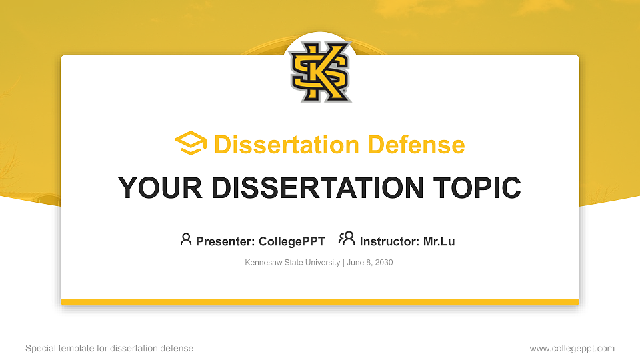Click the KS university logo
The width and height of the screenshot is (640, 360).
pyautogui.click(x=320, y=72)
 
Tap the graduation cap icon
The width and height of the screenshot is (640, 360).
pyautogui.click(x=191, y=144)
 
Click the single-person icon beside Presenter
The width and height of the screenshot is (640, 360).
pyautogui.click(x=186, y=239)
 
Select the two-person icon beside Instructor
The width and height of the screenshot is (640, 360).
pyautogui.click(x=347, y=239)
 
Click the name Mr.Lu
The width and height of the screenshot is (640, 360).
pyautogui.click(x=439, y=241)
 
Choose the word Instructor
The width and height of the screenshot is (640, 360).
pyautogui.click(x=388, y=241)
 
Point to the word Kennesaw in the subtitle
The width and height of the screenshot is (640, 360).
pyautogui.click(x=262, y=263)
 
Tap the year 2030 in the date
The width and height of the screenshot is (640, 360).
pyautogui.click(x=384, y=263)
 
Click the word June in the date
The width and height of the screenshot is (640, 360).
pyautogui.click(x=355, y=263)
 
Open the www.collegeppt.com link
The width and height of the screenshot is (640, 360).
pyautogui.click(x=572, y=348)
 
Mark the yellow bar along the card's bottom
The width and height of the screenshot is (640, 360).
pyautogui.click(x=320, y=302)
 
